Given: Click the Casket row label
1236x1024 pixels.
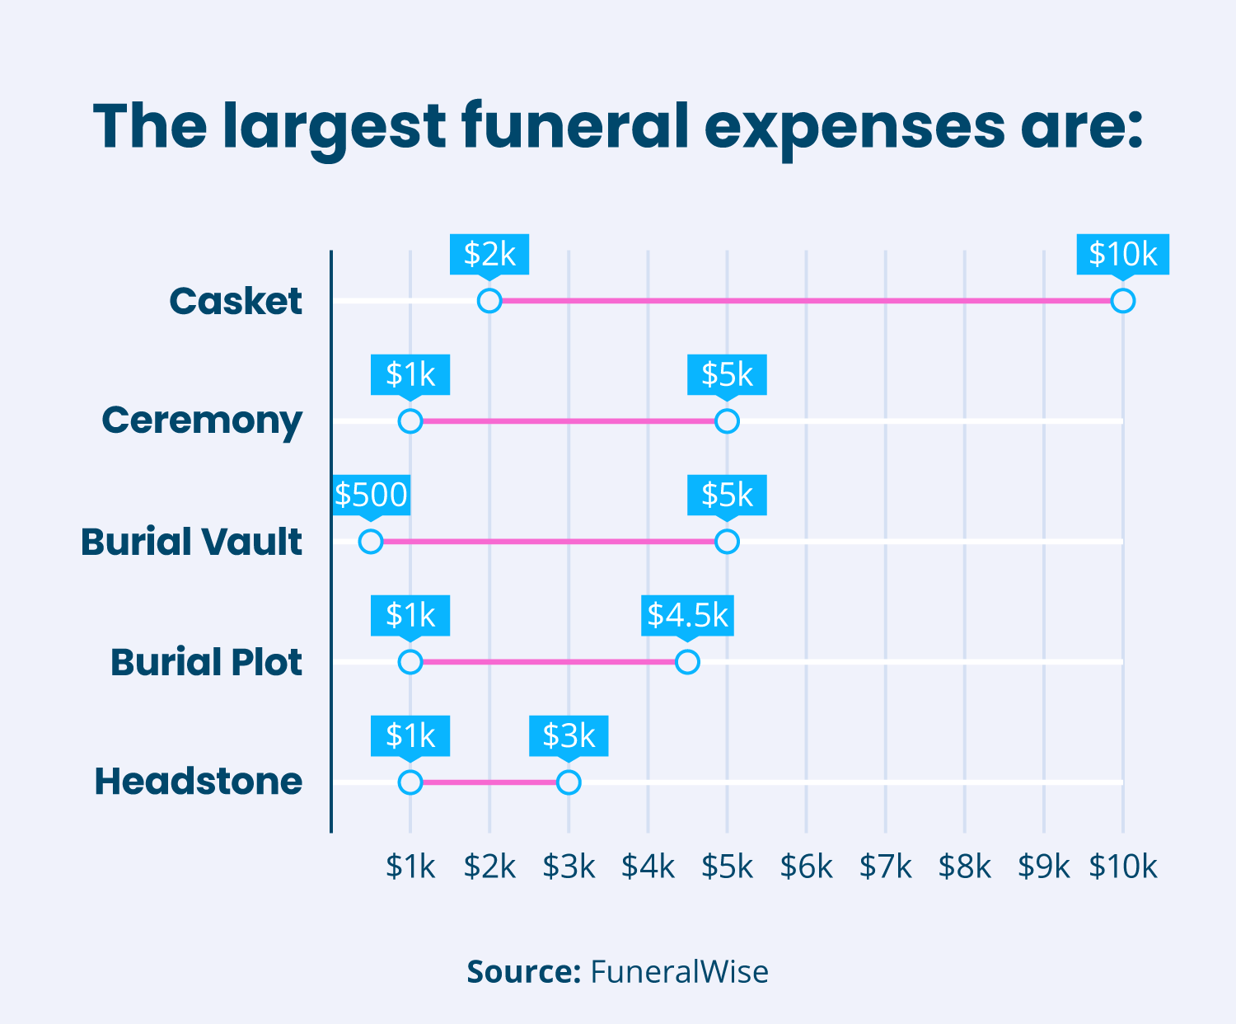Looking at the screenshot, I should point(236,302).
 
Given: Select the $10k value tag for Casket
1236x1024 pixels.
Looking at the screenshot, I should point(1122,254).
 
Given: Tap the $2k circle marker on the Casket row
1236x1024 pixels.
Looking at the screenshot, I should point(489,301).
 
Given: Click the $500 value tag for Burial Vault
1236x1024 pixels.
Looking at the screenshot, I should point(371,495).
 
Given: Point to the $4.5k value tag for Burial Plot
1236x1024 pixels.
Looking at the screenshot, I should point(687,615).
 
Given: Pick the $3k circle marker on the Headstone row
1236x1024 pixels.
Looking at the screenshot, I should point(569,782).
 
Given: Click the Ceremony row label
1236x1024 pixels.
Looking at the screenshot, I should point(202,420).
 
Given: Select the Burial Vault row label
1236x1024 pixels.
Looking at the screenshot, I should point(191,543).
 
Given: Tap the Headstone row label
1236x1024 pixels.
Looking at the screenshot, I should point(199,782).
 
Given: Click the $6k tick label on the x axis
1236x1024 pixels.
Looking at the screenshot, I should point(806,867).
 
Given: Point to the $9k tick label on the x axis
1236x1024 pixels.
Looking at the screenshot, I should point(1043,867).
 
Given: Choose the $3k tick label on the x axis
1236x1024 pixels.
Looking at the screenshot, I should point(569,867).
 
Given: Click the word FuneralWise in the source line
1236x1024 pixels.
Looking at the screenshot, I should point(679,972).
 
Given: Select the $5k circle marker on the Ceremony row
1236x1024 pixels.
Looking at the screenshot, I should point(727,421).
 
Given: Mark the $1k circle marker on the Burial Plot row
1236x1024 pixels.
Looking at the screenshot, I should point(410,662).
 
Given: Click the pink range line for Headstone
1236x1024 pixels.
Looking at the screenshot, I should point(489,782).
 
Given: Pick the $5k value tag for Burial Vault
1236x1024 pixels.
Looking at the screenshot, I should point(727,495).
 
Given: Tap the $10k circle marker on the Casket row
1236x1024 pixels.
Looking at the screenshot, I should point(1122,301).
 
